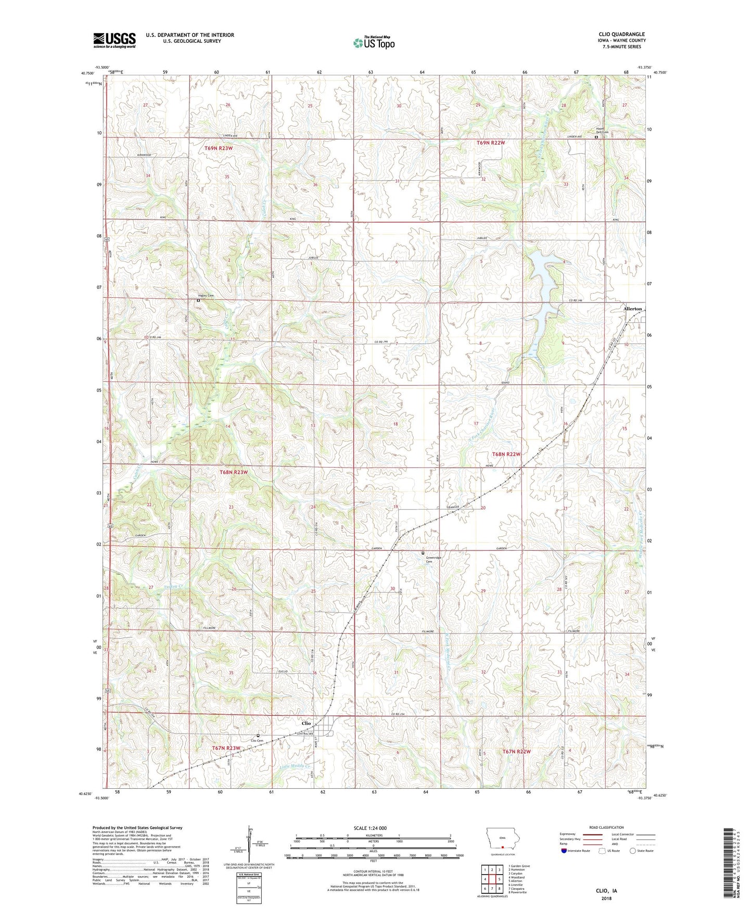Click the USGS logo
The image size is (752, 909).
click(x=114, y=40)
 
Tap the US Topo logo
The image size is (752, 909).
click(x=373, y=43)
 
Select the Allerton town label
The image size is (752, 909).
click(x=633, y=309)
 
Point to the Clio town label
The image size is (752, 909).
click(x=306, y=723)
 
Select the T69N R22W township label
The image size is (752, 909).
click(x=491, y=142)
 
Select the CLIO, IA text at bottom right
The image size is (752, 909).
click(x=605, y=891)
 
